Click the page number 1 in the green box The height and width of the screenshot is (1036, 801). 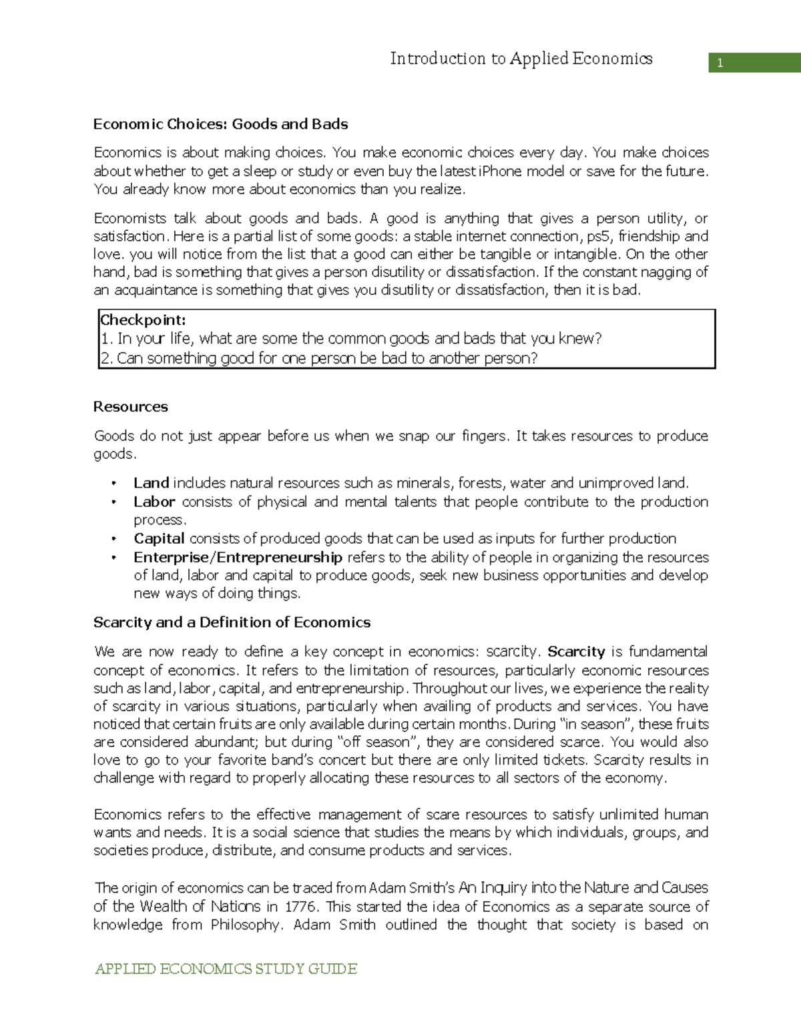[x=720, y=64]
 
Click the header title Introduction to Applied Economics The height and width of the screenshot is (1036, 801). [x=521, y=59]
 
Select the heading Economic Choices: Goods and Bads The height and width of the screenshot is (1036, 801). [x=220, y=124]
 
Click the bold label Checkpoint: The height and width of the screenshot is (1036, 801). [x=143, y=320]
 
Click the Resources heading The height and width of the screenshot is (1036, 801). [x=130, y=407]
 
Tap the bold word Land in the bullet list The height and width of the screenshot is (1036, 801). [x=151, y=483]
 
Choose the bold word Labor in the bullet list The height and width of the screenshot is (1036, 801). [x=154, y=502]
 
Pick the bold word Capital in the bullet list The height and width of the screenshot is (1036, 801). [x=159, y=538]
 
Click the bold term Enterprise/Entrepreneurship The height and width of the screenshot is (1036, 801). [x=238, y=557]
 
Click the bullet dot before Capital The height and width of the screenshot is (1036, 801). [x=114, y=539]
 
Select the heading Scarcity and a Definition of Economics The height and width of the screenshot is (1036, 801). [x=232, y=622]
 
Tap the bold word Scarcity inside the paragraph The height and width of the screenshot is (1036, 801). [x=576, y=652]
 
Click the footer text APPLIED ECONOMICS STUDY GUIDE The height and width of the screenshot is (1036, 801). [x=226, y=969]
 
